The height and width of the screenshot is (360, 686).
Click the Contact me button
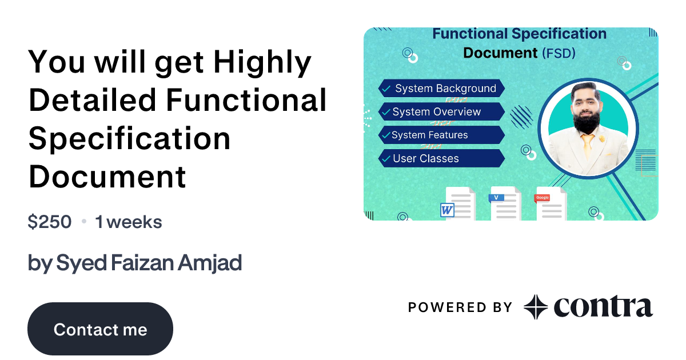100,329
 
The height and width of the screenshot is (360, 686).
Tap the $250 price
50,222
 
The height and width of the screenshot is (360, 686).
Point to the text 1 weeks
129,222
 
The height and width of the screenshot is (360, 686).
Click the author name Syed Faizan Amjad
135,263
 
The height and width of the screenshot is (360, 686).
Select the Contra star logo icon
536,307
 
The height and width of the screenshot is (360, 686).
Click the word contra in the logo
603,307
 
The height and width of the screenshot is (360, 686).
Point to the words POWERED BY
460,307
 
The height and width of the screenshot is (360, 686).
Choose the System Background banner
441,89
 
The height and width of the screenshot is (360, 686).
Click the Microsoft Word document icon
457,205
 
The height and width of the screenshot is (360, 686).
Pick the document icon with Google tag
551,204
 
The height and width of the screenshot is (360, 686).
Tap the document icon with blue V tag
505,203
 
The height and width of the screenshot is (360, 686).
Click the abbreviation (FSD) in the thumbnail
557,54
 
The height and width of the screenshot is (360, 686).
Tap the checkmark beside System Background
386,89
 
